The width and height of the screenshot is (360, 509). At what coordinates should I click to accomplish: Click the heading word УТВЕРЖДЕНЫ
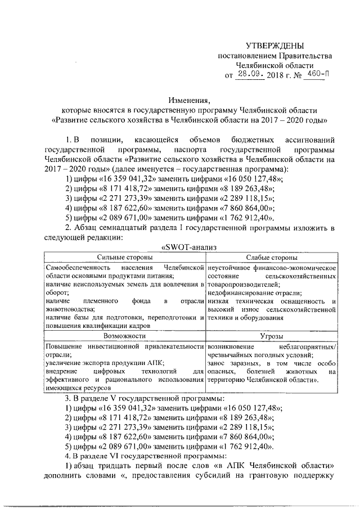275,45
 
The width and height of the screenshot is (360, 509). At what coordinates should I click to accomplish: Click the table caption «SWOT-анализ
189,246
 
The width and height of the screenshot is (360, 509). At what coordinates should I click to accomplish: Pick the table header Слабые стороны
272,256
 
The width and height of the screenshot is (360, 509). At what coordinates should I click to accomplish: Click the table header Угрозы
272,335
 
